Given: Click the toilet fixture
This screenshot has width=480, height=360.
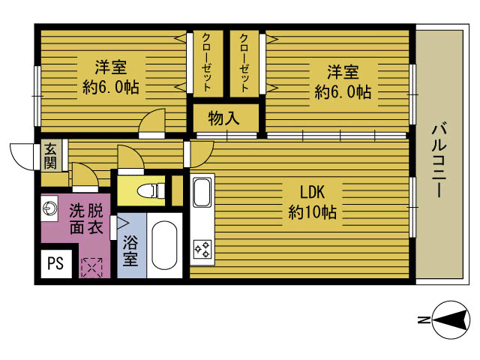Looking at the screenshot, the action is (x=151, y=191).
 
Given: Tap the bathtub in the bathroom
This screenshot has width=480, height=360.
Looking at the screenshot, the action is (x=164, y=245).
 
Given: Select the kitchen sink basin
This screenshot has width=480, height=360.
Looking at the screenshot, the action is (x=202, y=192).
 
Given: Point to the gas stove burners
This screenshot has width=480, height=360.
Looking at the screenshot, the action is (x=202, y=249).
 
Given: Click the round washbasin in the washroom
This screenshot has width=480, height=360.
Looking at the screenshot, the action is (x=49, y=209).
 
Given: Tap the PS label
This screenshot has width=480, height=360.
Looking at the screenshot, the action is (x=55, y=263).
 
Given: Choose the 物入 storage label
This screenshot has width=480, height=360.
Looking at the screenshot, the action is (x=223, y=118).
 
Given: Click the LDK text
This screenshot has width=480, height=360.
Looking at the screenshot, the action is (x=312, y=192).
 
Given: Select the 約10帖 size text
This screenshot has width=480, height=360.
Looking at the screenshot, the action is (x=313, y=211).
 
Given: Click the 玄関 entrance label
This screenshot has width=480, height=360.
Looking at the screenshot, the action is (x=50, y=156).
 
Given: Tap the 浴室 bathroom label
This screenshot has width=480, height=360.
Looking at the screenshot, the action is (x=130, y=250).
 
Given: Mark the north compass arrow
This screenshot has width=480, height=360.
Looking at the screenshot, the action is (x=451, y=320).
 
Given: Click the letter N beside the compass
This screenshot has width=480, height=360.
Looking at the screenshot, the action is (x=423, y=320).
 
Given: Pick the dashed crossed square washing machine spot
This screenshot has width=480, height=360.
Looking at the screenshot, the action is (x=91, y=267).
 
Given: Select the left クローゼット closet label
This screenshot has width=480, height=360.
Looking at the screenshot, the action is (x=207, y=62).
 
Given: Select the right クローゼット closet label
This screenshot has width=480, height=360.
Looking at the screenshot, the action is (x=244, y=63).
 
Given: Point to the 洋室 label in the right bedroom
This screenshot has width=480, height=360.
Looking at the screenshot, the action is (x=343, y=72).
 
